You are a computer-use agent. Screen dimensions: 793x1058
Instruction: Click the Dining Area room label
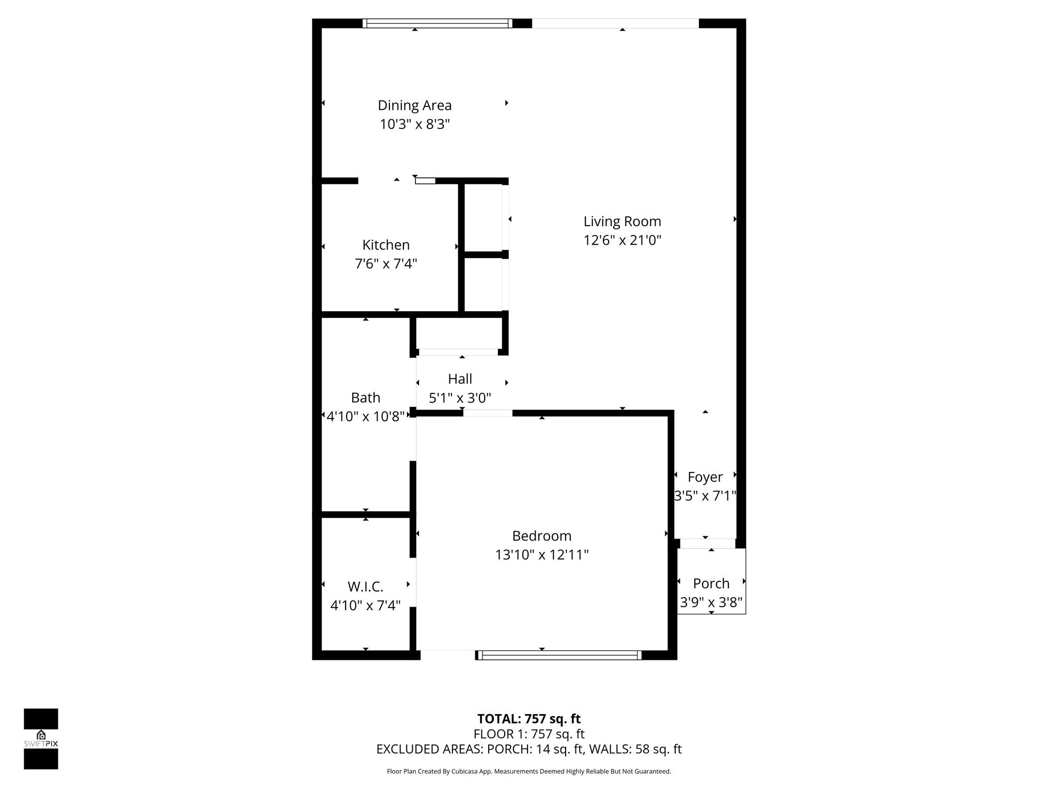414,105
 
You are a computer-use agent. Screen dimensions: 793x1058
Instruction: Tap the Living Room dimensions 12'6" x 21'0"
622,241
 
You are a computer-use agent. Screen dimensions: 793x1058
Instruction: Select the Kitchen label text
386,245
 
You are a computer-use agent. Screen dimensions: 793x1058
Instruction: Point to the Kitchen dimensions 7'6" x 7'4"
386,264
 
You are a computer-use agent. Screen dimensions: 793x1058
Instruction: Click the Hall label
460,379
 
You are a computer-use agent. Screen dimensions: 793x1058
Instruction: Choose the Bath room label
365,398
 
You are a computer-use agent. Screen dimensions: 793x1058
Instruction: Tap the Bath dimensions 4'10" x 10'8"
365,417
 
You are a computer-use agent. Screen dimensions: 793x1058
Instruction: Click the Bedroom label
541,536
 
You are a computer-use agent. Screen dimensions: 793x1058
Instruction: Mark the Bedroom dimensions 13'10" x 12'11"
541,555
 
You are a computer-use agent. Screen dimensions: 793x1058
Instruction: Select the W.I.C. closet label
365,586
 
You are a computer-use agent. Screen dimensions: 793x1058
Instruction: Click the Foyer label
705,477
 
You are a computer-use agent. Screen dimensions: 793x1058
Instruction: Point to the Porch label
711,583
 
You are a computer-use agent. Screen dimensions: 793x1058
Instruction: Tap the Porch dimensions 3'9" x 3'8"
711,602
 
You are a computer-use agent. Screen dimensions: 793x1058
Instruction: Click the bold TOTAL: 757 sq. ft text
528,719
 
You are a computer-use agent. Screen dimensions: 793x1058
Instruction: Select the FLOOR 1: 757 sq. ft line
528,734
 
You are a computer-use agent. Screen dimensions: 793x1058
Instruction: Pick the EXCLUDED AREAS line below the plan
528,749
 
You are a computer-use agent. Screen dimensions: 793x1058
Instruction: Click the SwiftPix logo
41,739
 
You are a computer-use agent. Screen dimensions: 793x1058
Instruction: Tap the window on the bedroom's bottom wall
558,655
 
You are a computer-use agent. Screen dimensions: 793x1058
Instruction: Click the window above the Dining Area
437,23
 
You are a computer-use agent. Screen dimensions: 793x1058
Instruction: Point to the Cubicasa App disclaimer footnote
528,771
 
